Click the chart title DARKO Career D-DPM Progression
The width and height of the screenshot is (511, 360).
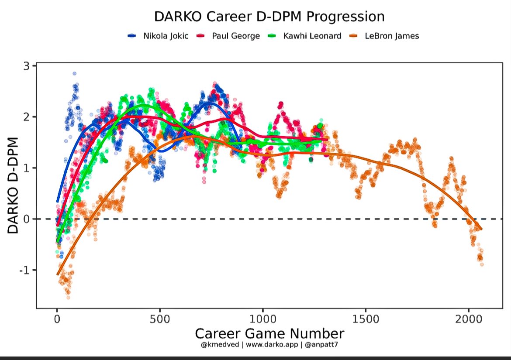click(269, 17)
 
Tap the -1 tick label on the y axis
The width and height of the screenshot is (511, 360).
click(24, 270)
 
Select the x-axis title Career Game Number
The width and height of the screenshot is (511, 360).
click(269, 334)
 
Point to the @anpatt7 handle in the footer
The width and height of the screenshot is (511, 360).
click(321, 345)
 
